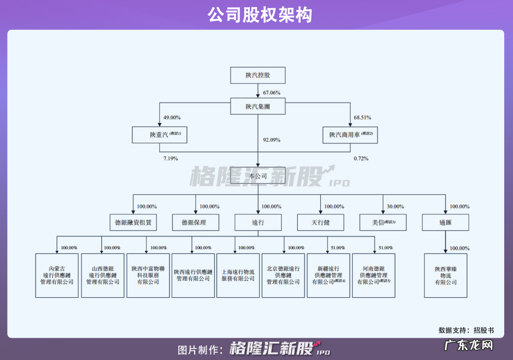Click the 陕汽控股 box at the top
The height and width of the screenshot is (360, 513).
pos(258,76)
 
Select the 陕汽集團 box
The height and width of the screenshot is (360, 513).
pos(258,107)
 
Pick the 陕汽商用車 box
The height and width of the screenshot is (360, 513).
pos(350,135)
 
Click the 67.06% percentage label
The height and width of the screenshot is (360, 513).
pos(271,93)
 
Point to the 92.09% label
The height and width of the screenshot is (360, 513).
pos(271,140)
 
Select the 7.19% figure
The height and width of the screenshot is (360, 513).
pos(170,158)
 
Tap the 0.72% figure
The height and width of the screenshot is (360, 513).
pos(361,158)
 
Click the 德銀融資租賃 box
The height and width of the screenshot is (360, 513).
pos(133,222)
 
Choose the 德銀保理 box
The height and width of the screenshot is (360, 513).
pos(196,222)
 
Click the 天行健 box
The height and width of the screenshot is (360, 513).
pos(320,222)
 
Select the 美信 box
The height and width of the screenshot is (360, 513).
pos(383,222)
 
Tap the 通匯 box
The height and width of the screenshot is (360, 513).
pos(445,222)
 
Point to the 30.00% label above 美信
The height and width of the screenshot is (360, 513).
pos(395,207)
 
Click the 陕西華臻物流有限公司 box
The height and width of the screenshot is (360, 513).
pos(446,276)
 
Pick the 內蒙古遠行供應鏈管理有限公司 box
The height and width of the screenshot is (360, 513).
pos(57,276)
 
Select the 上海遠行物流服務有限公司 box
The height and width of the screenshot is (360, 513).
pos(238,276)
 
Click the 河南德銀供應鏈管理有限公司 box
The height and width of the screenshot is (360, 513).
pos(374,276)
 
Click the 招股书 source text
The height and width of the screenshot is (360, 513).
pos(484,330)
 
